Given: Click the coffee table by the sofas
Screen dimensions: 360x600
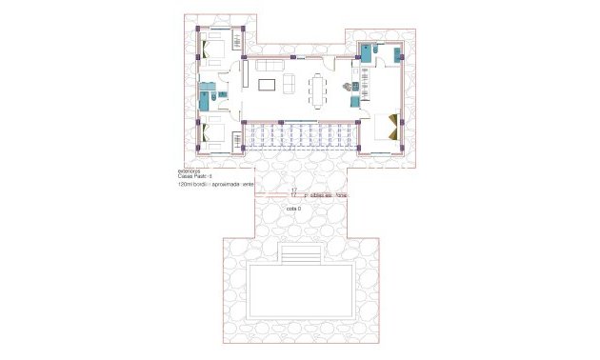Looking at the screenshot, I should pos(269,87).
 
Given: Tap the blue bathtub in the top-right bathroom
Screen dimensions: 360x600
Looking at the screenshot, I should pos(365,52).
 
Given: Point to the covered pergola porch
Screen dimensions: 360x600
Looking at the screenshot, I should pos(301,138).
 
